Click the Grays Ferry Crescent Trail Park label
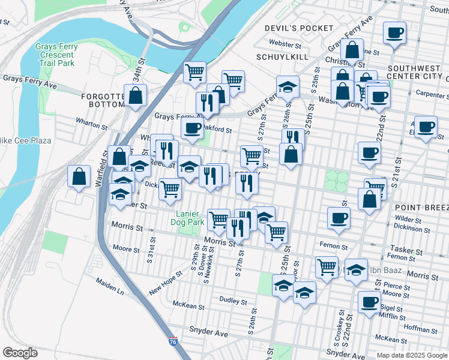[55, 55]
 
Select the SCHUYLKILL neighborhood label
[282, 56]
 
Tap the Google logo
[20, 353]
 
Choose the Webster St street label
[285, 44]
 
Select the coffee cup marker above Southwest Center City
[394, 32]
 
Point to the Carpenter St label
[428, 94]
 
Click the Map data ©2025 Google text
[411, 355]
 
